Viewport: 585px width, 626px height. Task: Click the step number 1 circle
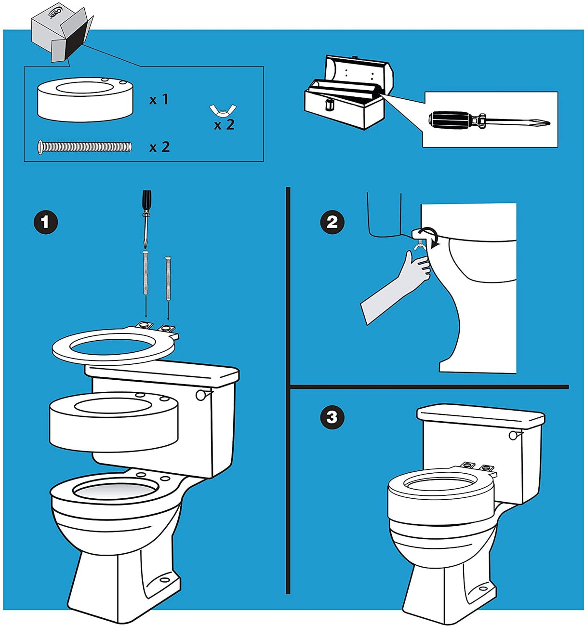(45, 222)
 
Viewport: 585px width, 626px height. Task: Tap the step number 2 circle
(332, 222)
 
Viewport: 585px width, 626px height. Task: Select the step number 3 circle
(332, 417)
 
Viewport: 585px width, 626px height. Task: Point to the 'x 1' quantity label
(159, 100)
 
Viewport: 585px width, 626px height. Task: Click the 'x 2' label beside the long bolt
(160, 147)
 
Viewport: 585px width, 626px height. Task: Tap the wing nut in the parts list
(223, 110)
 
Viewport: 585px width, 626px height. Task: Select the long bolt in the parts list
(84, 147)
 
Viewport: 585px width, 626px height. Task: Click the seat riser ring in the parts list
(85, 99)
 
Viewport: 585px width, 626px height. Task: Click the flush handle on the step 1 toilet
(202, 395)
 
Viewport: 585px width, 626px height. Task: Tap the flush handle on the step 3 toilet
(514, 435)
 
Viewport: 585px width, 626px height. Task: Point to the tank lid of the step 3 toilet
(480, 415)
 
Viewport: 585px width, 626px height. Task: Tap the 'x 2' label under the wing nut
(224, 125)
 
